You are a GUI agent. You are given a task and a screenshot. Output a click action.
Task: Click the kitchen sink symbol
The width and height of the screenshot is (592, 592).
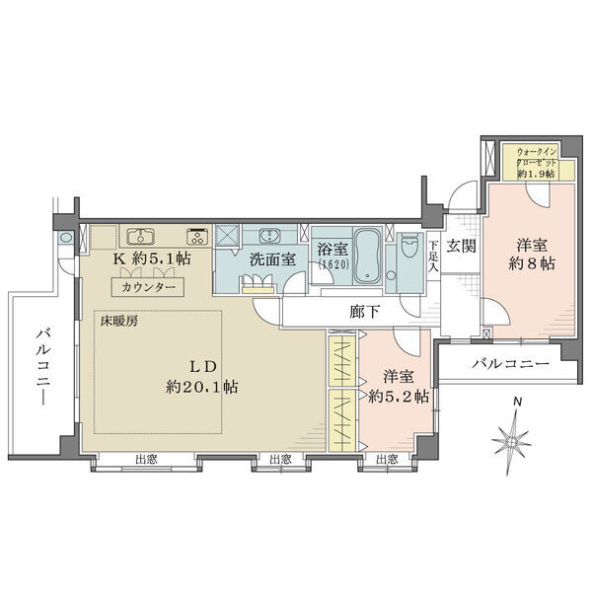[140, 237]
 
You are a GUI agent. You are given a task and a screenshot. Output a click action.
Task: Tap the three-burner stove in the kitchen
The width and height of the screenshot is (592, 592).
[197, 237]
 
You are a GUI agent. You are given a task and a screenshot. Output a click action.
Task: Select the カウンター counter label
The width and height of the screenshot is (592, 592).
[148, 288]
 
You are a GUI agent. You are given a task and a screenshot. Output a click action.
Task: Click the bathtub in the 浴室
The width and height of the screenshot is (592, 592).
[367, 258]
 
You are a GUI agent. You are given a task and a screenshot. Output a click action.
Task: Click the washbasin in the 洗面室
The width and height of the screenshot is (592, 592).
[269, 236]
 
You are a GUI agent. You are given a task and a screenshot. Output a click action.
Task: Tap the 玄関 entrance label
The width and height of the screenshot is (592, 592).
[461, 246]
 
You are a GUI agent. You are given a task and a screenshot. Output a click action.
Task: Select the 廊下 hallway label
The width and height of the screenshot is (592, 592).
[364, 312]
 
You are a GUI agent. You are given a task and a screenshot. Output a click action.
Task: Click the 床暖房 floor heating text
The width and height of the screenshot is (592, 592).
[119, 322]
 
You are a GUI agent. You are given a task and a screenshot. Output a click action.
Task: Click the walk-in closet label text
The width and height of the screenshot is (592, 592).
[537, 163]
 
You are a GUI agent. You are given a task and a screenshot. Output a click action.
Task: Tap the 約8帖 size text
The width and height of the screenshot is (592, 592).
[532, 263]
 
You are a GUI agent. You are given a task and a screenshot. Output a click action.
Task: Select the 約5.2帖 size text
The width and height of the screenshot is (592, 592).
[399, 397]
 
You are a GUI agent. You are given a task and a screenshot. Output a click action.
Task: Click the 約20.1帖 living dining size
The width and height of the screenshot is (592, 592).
[201, 387]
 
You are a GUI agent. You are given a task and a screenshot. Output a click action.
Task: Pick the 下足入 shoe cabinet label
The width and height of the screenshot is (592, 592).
[433, 258]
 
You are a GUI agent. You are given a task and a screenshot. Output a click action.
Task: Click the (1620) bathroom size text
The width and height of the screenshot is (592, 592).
[333, 264]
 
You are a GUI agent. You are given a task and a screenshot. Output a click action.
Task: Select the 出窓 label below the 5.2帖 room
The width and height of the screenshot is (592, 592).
[388, 460]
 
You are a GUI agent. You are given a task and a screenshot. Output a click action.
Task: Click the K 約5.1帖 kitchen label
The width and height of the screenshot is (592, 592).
[152, 259]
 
